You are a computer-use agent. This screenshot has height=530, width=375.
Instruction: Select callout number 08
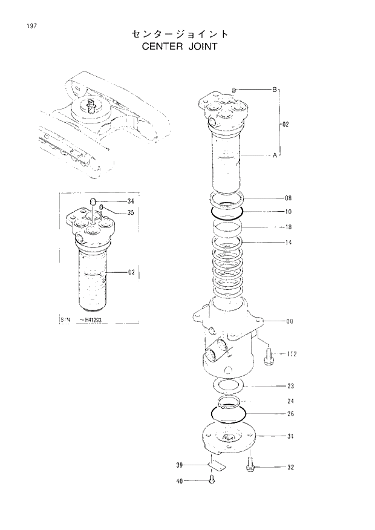[x=288, y=198]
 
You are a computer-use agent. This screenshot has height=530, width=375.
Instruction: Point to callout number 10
[x=288, y=212]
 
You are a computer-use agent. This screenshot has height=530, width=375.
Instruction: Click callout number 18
[x=288, y=227]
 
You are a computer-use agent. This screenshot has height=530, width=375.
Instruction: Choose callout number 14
[x=288, y=243]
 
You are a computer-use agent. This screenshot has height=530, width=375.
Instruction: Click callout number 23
[x=290, y=385]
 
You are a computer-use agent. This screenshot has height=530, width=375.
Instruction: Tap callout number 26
[x=290, y=414]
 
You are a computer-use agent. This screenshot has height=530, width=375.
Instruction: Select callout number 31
[x=290, y=436]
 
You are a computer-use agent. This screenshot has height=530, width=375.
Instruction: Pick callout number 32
[x=290, y=468]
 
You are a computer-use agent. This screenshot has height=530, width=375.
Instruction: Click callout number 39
[x=180, y=465]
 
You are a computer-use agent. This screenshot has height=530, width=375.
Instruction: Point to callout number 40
[x=180, y=481]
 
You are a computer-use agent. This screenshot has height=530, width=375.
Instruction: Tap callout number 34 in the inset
[x=131, y=201]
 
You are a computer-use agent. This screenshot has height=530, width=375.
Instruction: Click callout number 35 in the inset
[x=131, y=212]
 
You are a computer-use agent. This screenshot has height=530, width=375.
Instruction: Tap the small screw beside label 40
[x=211, y=480]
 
